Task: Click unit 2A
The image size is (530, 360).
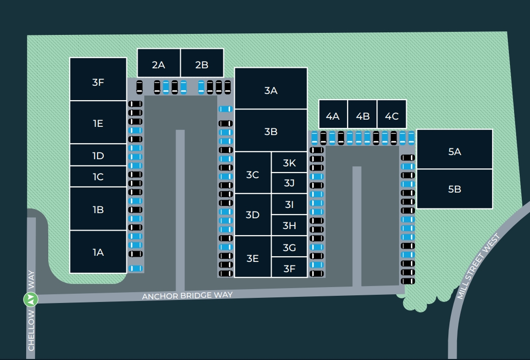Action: click(x=158, y=65)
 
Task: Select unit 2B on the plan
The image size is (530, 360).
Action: click(x=202, y=65)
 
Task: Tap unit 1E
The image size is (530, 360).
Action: click(x=98, y=123)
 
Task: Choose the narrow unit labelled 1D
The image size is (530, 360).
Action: click(x=98, y=156)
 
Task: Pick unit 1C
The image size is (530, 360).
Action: click(x=98, y=177)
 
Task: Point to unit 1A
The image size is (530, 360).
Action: click(x=98, y=252)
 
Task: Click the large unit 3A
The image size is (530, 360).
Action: click(x=271, y=90)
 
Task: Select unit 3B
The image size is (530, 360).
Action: click(x=271, y=131)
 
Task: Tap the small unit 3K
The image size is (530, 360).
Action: click(x=290, y=163)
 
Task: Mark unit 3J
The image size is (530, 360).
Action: click(x=290, y=182)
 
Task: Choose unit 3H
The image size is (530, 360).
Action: click(x=290, y=225)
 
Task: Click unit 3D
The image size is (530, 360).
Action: click(x=252, y=215)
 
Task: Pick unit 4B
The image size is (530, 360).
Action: click(x=363, y=116)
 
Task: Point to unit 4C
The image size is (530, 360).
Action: click(x=392, y=116)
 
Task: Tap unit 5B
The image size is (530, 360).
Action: click(x=455, y=189)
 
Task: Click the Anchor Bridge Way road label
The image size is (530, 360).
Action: click(x=187, y=296)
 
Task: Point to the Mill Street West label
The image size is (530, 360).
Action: click(x=478, y=267)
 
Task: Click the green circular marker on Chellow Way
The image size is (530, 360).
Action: click(x=31, y=298)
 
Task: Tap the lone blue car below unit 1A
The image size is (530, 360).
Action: click(x=136, y=268)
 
